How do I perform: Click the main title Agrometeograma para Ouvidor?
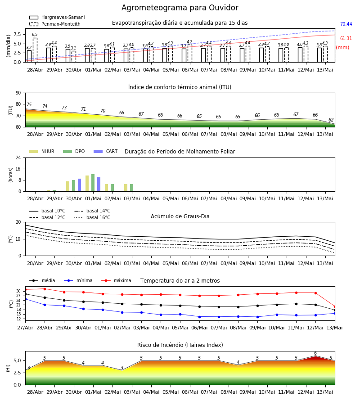point(180,8)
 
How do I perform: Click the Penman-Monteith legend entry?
point(55,24)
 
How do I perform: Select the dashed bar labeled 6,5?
point(35,50)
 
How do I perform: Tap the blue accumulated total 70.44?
point(346,24)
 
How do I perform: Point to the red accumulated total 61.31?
point(346,39)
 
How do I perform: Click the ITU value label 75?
point(29,104)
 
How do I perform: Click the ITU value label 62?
point(331,120)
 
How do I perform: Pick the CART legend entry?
point(105,151)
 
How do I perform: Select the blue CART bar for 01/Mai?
point(99,184)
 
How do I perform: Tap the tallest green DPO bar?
point(93,183)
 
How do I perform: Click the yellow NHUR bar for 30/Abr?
point(67,186)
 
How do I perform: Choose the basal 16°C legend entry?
point(92,217)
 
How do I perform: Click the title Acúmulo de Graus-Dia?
point(180,216)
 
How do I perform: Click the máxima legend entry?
point(116,280)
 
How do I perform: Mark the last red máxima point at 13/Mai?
point(335,306)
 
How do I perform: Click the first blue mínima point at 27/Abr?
point(25,299)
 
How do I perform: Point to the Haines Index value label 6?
point(315,353)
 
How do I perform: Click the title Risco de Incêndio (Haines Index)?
point(180,345)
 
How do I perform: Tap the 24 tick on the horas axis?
point(18,157)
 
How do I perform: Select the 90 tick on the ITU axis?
point(18,93)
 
